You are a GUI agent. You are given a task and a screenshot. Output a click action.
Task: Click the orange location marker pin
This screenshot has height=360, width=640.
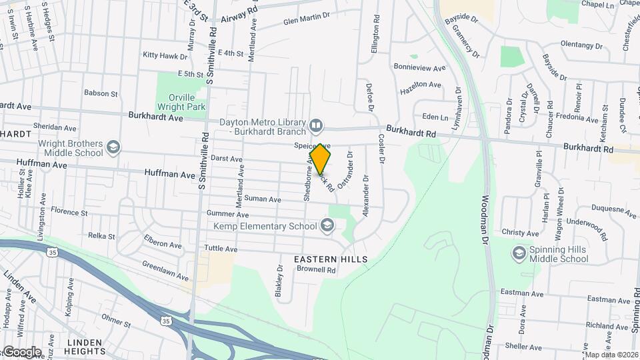(321, 159)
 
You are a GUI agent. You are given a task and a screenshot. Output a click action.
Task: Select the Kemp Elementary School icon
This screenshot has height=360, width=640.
(327, 226)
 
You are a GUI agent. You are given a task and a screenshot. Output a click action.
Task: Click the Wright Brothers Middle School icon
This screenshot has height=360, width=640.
(114, 147)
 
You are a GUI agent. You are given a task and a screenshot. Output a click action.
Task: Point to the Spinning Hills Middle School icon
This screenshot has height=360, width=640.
(519, 253)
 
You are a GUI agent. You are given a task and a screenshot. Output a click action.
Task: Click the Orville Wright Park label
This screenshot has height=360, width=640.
(181, 100)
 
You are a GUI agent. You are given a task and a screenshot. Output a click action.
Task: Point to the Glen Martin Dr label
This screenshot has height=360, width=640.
(307, 21)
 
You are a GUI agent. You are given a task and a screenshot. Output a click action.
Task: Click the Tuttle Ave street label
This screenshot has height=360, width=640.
(221, 249)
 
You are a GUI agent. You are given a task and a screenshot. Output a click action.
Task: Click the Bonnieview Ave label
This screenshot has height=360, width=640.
(419, 68)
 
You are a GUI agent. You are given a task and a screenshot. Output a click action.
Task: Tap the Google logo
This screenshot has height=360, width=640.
(22, 351)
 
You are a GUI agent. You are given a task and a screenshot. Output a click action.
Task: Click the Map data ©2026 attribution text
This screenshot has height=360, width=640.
(611, 355)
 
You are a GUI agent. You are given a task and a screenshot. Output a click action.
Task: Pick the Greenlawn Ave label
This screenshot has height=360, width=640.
(165, 271)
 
